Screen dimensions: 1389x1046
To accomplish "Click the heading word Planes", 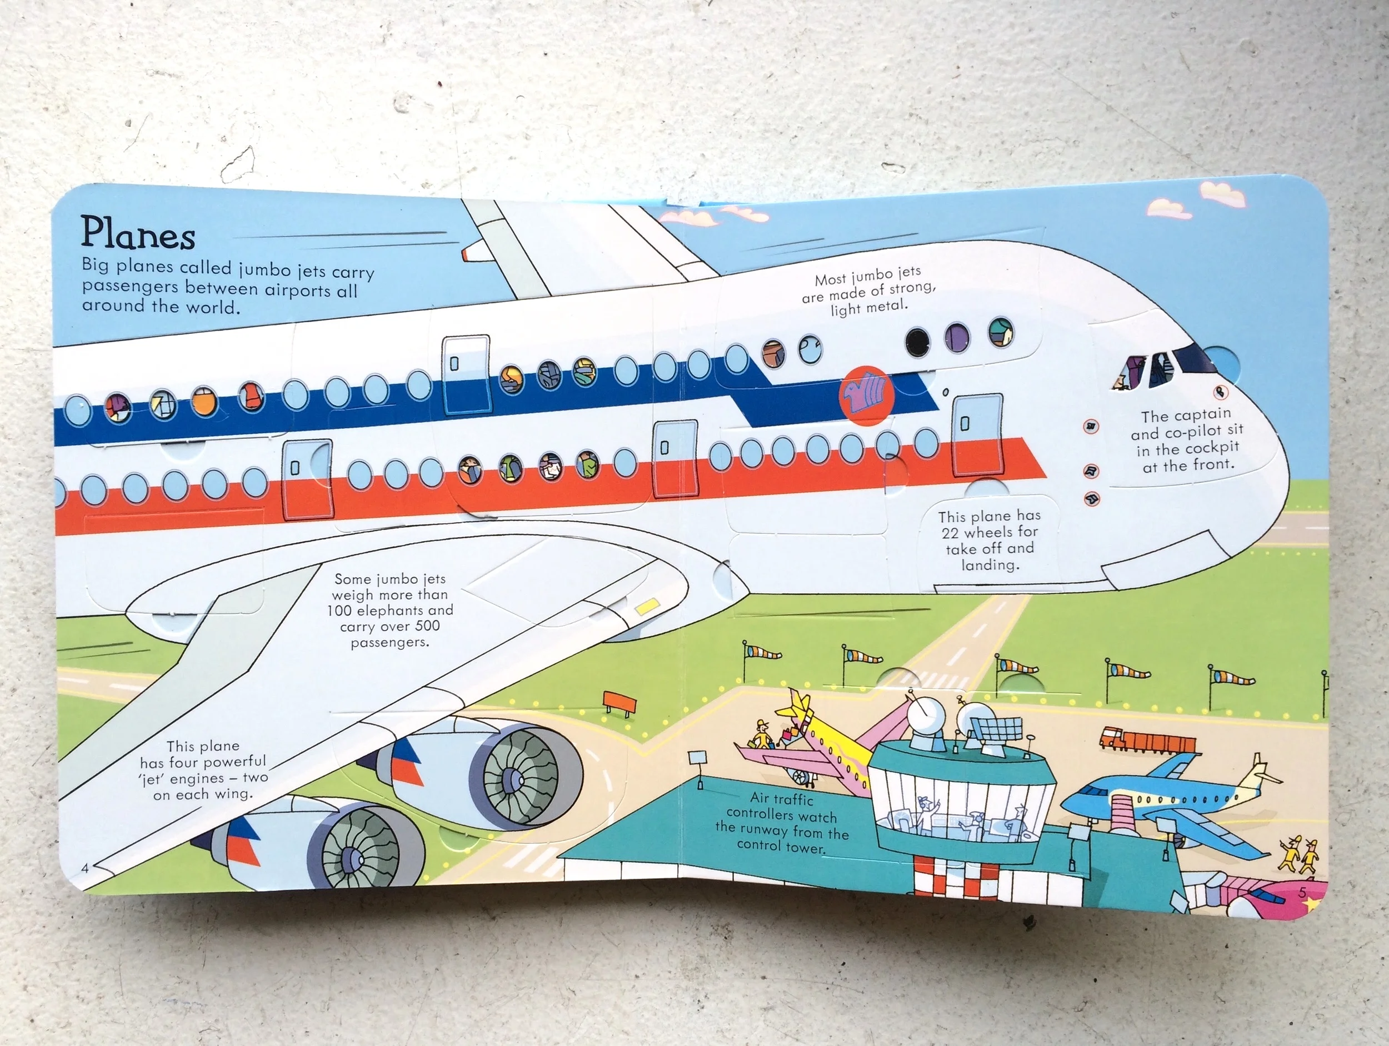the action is point(138,233).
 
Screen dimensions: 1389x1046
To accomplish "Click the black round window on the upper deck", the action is point(917,341).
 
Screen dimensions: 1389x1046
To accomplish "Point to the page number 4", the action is point(86,869).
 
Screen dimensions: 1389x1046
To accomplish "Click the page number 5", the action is point(1302,892).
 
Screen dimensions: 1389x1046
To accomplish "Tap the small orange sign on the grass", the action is point(619,700).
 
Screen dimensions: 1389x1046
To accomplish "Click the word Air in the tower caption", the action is point(761,798).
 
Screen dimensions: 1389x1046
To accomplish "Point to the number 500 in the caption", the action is point(426,626).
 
